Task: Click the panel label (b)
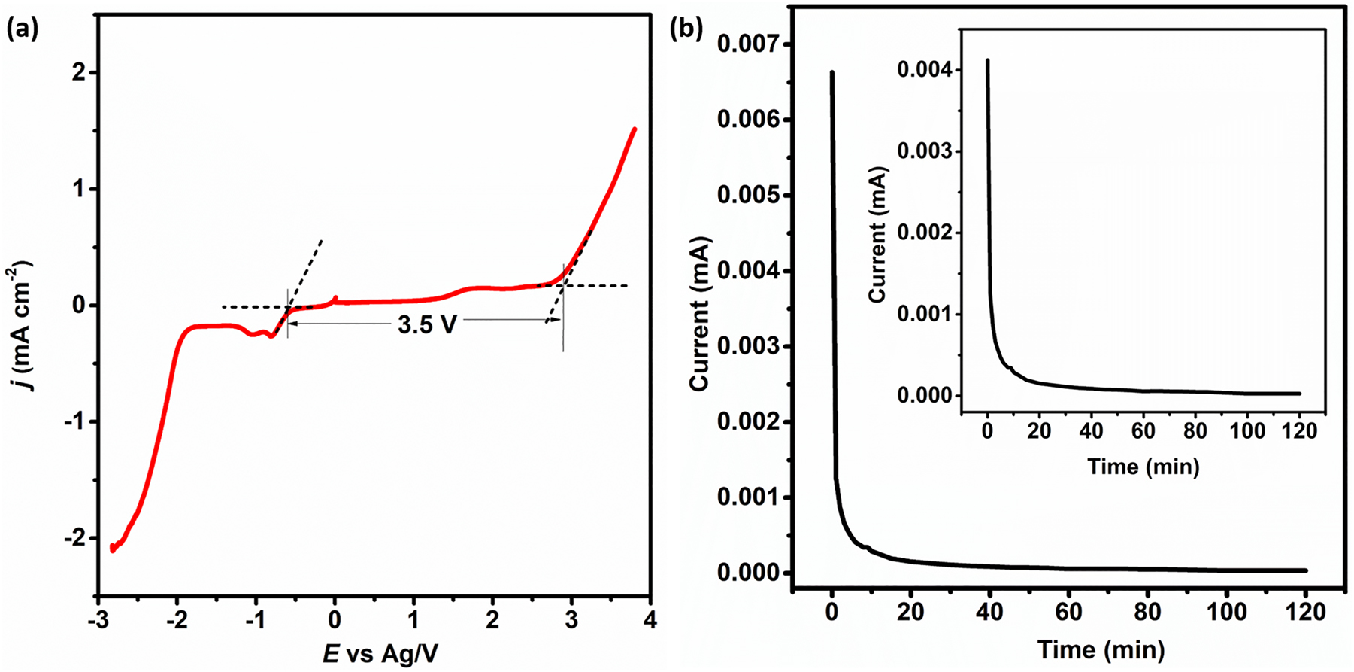point(686,29)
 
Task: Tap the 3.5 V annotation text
point(427,324)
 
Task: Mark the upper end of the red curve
point(635,129)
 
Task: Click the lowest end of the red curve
point(113,550)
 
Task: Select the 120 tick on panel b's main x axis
point(1305,612)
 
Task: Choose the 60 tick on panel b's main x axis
point(1068,612)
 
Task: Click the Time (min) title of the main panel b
point(1101,649)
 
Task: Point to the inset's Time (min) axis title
point(1143,467)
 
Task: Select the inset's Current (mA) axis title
point(877,235)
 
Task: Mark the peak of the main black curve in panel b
point(831,72)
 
